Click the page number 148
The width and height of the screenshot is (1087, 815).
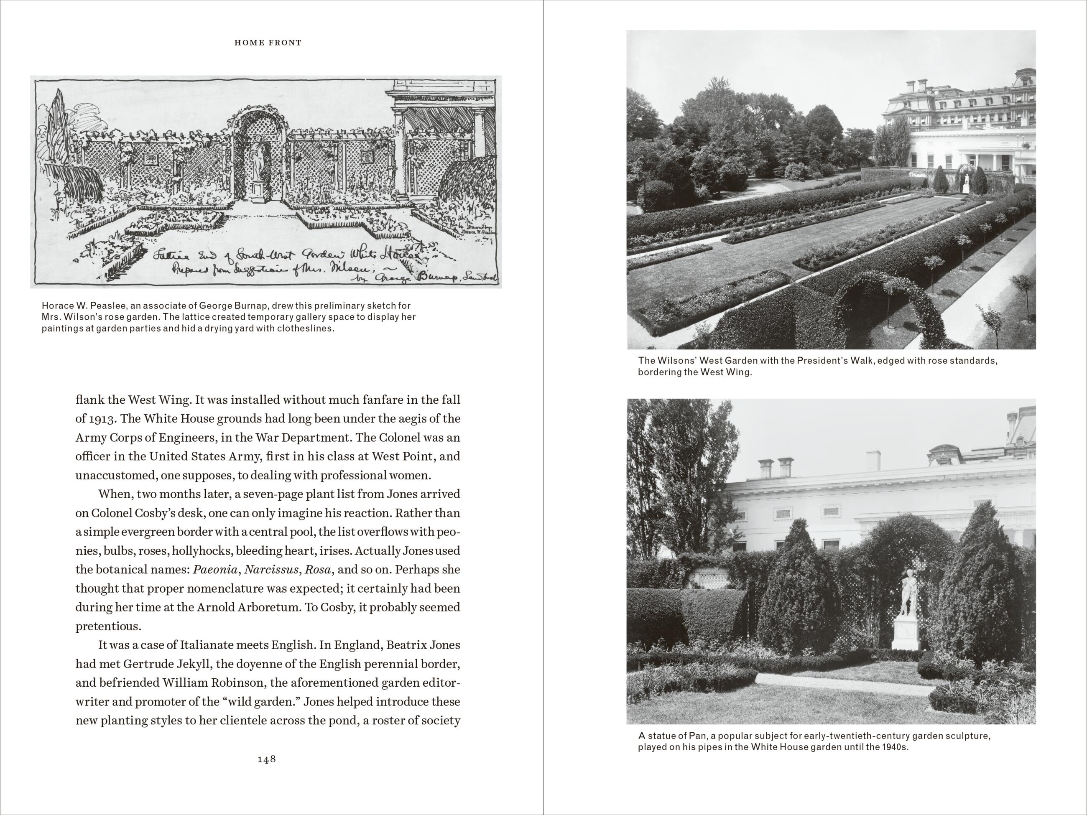coord(266,759)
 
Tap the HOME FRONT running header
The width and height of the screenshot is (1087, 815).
coord(268,43)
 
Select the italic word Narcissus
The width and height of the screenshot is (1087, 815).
coord(272,570)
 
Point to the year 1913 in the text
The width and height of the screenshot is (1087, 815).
coord(101,418)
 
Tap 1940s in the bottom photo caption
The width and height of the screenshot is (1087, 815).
coord(894,747)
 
